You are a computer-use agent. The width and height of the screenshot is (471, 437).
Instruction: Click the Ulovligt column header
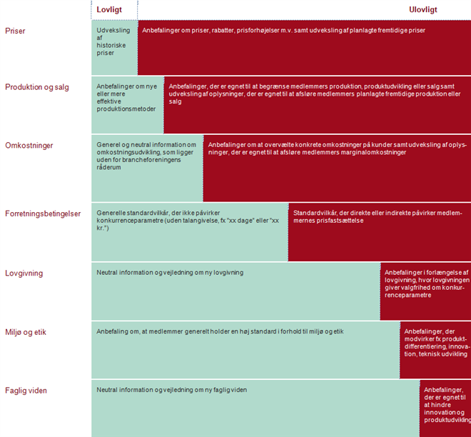(x=422, y=10)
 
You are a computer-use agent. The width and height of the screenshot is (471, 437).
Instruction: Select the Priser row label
(x=16, y=31)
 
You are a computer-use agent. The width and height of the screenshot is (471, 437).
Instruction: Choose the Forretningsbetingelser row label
(x=43, y=214)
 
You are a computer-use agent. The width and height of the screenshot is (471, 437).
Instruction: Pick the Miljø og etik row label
(x=26, y=332)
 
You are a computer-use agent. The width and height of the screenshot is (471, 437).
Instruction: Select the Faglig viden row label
(x=26, y=391)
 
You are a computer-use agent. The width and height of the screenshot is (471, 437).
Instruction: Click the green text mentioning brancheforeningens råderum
(x=146, y=158)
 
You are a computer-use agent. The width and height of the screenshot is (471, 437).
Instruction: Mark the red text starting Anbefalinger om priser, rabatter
(x=283, y=31)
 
